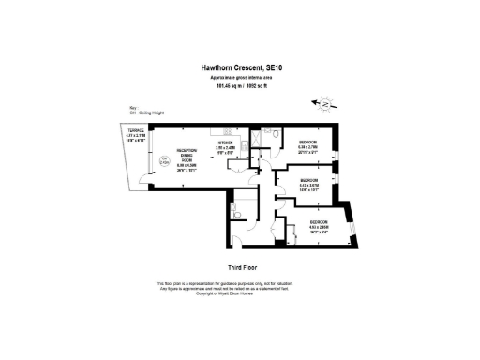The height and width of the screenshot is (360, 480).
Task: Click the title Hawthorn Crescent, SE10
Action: (239, 67)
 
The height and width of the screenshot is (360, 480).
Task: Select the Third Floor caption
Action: (239, 267)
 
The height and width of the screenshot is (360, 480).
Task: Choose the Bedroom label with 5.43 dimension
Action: (312, 180)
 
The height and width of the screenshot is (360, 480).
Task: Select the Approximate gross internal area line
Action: (239, 79)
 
